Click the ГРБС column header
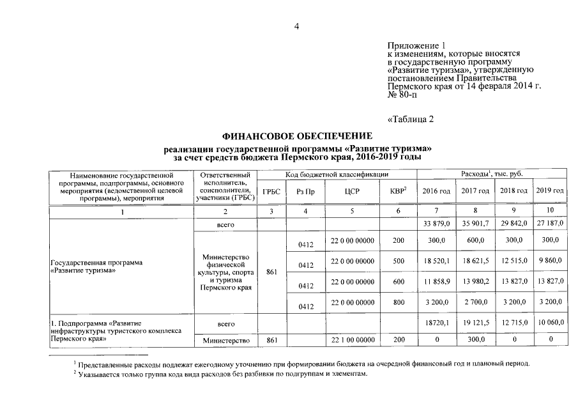(272, 191)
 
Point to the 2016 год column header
(436, 191)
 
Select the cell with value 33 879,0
(436, 223)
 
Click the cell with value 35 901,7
(475, 223)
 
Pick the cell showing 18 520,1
(436, 261)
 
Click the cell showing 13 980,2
(475, 281)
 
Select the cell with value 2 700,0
(475, 303)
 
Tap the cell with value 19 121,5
(475, 325)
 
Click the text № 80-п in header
(402, 95)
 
